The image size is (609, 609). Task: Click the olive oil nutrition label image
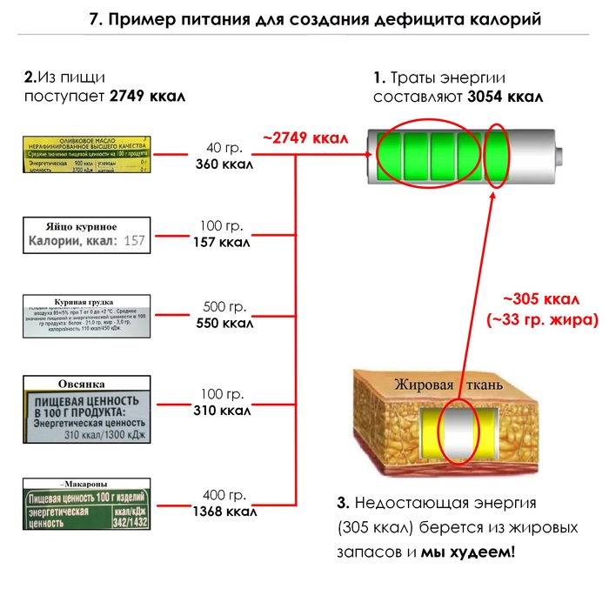[84, 156]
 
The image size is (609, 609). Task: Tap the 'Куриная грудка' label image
[84, 317]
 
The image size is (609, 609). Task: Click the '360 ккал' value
[224, 164]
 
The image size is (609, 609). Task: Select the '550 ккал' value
[224, 323]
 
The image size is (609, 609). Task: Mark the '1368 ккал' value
[224, 512]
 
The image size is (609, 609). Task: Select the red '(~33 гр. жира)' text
[542, 319]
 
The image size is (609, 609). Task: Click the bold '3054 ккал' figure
[505, 97]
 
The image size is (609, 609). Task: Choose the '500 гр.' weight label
[225, 306]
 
